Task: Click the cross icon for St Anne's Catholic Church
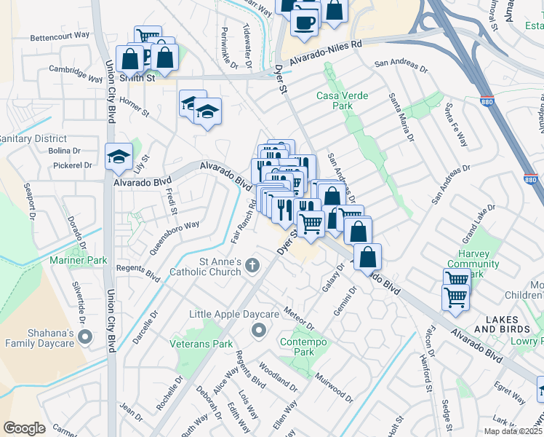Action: pyautogui.click(x=253, y=265)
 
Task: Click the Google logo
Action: pyautogui.click(x=24, y=428)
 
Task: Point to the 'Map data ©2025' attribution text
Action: pyautogui.click(x=513, y=431)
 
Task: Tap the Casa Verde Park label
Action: pyautogui.click(x=342, y=101)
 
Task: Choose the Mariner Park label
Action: pyautogui.click(x=78, y=260)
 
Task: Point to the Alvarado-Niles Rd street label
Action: pyautogui.click(x=325, y=53)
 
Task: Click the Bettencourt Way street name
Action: pyautogui.click(x=60, y=35)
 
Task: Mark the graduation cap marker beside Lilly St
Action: pyautogui.click(x=119, y=155)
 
